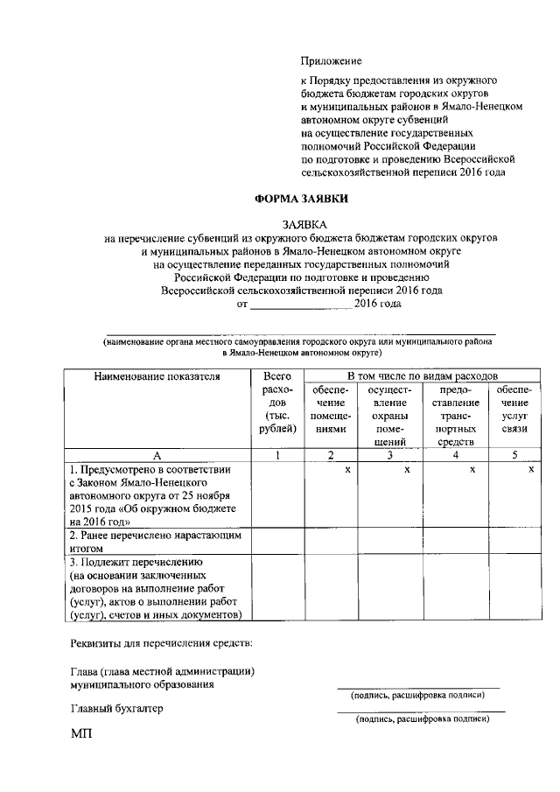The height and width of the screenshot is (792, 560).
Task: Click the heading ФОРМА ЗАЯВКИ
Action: (300, 199)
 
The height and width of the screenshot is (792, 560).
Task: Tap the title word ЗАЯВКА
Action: (301, 224)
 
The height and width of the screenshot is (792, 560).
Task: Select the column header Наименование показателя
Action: (157, 376)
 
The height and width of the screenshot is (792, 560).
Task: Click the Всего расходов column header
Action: (277, 402)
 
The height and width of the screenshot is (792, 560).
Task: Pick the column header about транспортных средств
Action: (454, 416)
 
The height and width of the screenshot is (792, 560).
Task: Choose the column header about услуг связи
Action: (514, 409)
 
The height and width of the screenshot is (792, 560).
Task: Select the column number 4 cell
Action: (455, 455)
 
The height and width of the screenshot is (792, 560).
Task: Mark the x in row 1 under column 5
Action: (530, 470)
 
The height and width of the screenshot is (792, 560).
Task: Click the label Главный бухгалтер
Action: (116, 708)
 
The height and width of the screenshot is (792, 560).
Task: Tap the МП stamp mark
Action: (81, 735)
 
